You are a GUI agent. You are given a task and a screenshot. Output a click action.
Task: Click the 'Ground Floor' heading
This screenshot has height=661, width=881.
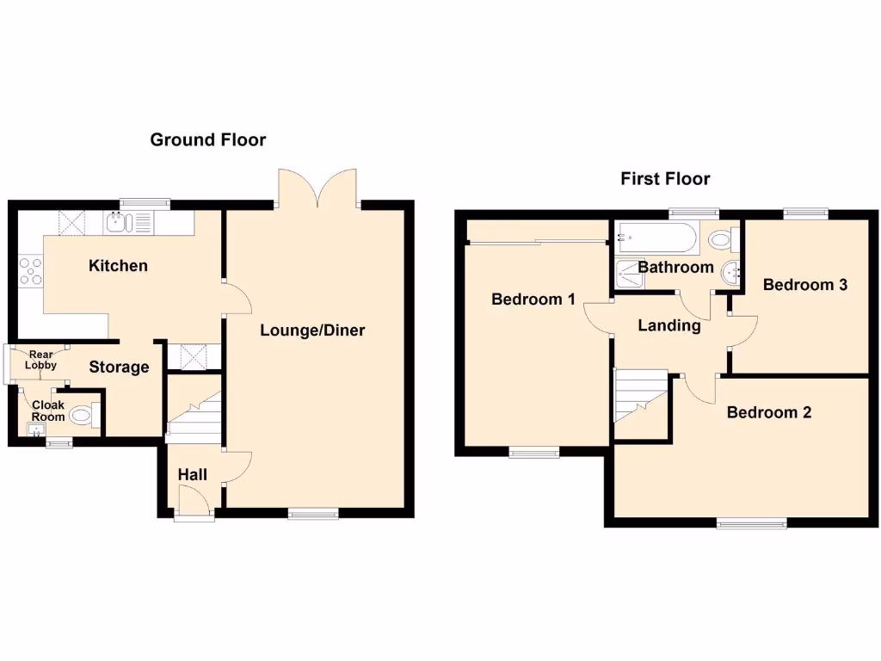click(208, 139)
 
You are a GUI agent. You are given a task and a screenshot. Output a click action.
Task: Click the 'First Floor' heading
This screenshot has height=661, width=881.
click(665, 179)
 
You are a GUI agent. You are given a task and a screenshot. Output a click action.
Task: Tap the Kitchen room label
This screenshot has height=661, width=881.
click(118, 266)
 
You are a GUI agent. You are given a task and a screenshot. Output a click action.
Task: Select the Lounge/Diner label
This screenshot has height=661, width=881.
click(312, 330)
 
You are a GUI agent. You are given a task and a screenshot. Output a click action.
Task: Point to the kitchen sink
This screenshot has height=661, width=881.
click(118, 224)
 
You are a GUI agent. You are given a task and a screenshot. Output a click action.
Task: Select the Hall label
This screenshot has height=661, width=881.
click(192, 474)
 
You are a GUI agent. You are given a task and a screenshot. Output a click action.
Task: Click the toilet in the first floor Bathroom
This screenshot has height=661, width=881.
click(720, 237)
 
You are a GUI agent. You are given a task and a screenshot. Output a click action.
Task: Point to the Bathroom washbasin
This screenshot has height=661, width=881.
click(732, 272)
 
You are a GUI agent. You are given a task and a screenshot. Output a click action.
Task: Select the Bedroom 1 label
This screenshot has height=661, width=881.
click(533, 300)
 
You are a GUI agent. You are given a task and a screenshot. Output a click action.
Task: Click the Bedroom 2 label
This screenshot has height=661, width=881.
click(768, 412)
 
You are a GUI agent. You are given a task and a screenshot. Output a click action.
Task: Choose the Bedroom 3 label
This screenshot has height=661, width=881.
click(804, 285)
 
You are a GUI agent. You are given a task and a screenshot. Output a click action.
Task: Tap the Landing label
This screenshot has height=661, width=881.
click(669, 325)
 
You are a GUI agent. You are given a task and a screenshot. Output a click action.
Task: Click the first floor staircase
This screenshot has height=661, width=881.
click(641, 396)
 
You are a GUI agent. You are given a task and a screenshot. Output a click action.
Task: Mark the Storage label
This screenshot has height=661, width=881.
click(120, 368)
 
